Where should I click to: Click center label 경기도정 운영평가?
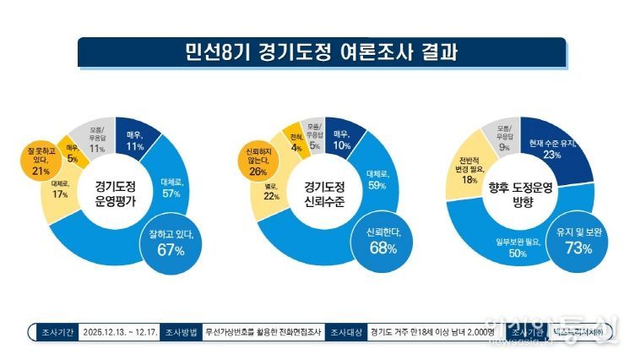pyautogui.click(x=115, y=191)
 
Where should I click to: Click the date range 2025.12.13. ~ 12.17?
pyautogui.click(x=128, y=331)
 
